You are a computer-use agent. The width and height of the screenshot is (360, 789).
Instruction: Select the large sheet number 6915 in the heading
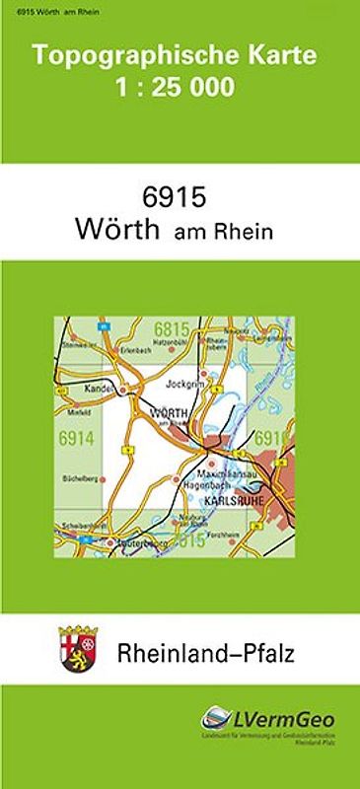pyautogui.click(x=179, y=196)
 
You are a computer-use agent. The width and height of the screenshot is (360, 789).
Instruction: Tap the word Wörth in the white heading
pyautogui.click(x=116, y=232)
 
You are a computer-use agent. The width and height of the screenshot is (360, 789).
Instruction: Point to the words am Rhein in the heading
pyautogui.click(x=223, y=234)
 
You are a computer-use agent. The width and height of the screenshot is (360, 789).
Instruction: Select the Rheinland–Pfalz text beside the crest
pyautogui.click(x=206, y=652)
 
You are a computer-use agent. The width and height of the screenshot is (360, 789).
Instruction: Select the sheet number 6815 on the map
pyautogui.click(x=171, y=329)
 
